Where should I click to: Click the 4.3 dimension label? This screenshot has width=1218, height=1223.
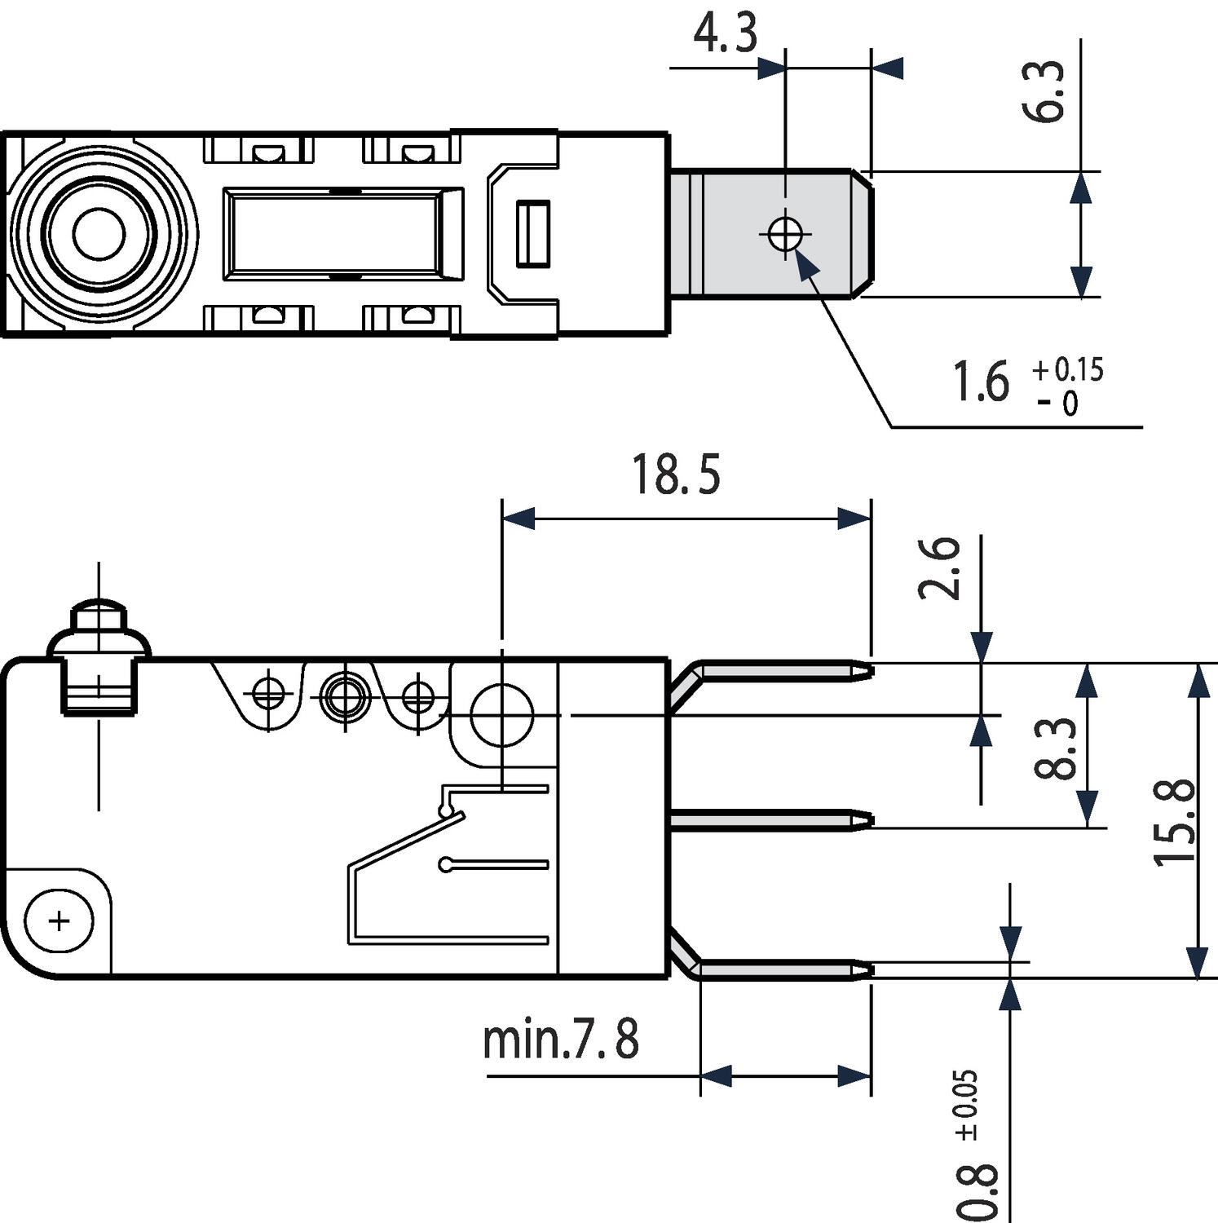725,34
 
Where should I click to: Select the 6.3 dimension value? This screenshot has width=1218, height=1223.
1044,91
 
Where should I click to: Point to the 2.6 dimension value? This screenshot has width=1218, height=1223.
940,568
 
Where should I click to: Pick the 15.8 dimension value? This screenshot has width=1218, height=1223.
1175,823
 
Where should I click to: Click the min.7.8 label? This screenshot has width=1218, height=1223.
561,1040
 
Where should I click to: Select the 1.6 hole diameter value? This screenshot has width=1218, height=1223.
982,382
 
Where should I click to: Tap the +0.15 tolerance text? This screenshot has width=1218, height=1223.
1068,369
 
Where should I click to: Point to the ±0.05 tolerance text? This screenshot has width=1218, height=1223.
967,1104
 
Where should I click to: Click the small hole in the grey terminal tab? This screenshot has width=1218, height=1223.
784,235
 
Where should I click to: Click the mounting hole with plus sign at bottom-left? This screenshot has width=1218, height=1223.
59,921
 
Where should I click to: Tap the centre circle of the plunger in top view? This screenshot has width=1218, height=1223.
99,235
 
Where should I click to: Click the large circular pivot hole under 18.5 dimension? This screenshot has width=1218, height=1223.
501,715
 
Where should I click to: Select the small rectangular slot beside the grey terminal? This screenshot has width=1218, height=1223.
532,234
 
